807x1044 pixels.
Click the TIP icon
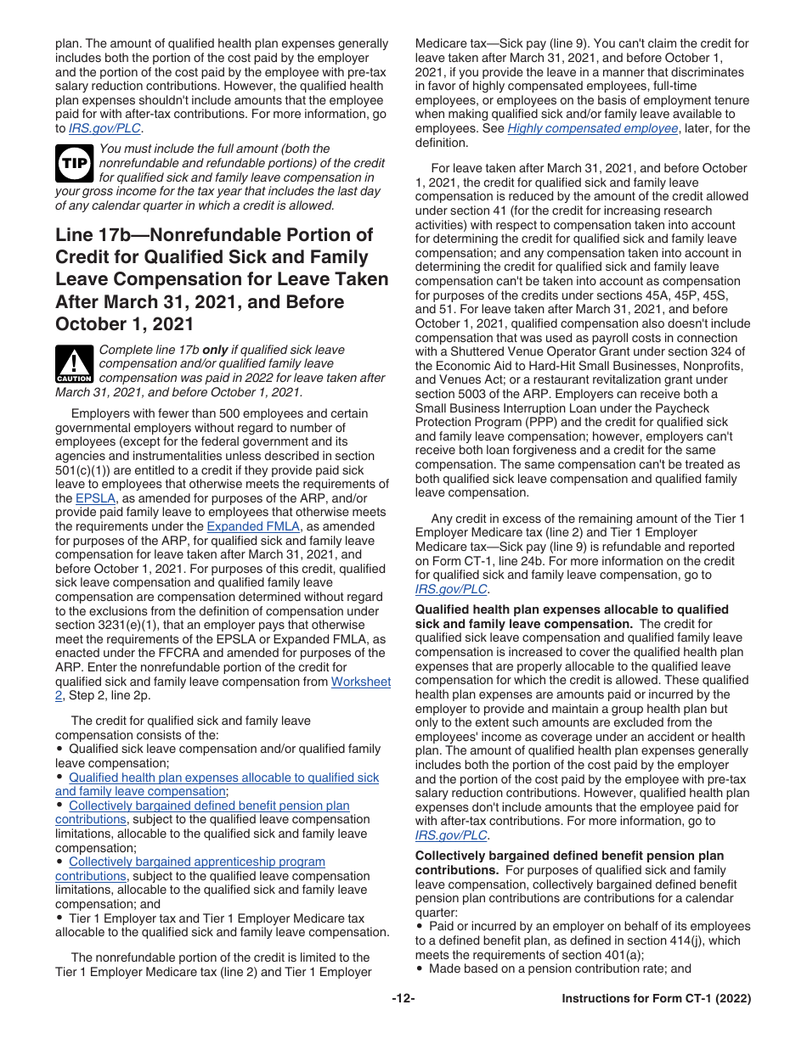click(74, 163)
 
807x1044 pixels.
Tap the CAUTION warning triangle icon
click(74, 363)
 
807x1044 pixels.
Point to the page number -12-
click(403, 999)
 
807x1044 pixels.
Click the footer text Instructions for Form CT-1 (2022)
click(656, 999)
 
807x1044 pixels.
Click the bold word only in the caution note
click(215, 350)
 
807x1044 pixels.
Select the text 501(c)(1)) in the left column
click(86, 470)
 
